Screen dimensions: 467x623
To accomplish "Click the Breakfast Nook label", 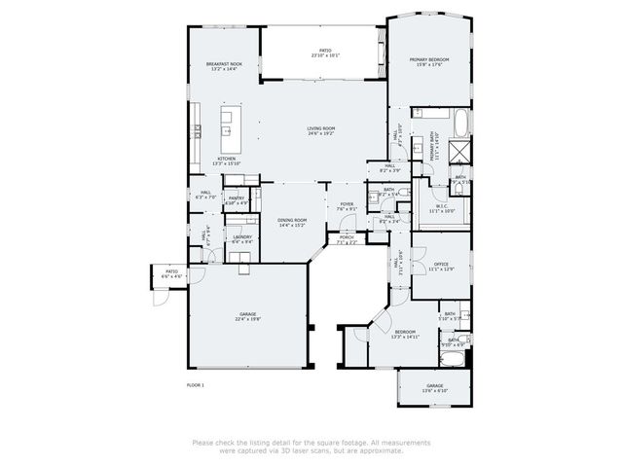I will click(x=223, y=64).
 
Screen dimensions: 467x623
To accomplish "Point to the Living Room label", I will click(x=321, y=128).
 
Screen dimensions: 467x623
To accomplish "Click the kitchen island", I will click(x=228, y=121).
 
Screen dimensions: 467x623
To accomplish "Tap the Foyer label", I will click(x=347, y=204).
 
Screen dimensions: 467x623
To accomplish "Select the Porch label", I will click(x=347, y=236).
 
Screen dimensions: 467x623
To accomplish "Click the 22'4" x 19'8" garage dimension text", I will click(x=247, y=319).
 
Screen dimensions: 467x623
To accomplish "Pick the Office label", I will click(x=440, y=264).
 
